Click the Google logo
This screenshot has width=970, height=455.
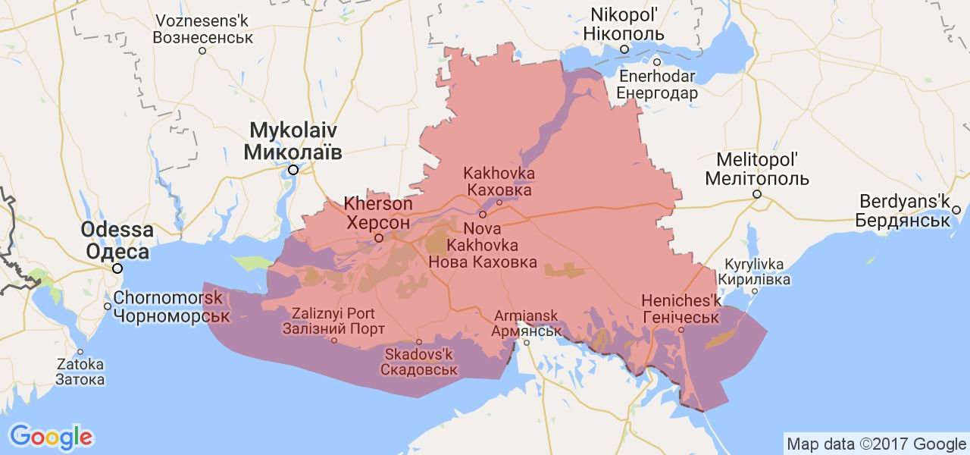51,436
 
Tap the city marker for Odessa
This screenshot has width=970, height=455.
117,268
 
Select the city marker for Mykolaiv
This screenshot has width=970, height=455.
293,170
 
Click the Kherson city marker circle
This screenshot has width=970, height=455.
379,239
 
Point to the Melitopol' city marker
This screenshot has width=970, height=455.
756,194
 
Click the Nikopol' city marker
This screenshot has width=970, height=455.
624,49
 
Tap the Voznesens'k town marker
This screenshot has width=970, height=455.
202,51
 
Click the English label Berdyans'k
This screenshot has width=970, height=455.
904,202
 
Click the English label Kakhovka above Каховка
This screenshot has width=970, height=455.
499,174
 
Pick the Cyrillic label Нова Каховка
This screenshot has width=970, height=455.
483,263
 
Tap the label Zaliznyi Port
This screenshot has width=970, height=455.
333,313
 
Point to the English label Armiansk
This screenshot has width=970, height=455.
525,315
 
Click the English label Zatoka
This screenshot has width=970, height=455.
80,364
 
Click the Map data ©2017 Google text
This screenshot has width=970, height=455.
875,444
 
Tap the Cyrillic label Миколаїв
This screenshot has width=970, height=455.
293,152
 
